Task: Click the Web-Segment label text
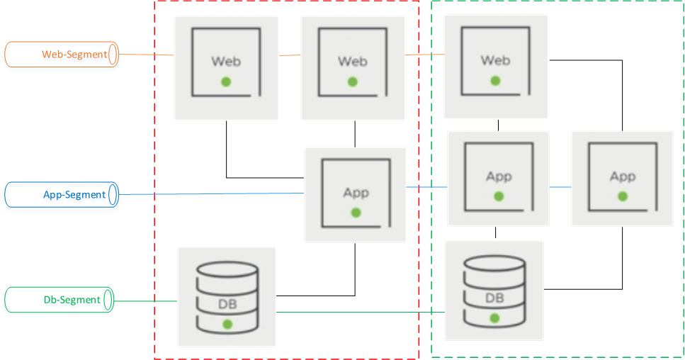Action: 74,54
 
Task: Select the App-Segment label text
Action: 74,194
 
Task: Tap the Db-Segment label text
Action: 72,300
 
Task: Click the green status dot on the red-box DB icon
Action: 227,324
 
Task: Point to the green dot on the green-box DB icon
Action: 494,319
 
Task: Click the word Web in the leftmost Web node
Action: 226,61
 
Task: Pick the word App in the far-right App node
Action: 623,176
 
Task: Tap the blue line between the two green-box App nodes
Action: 560,187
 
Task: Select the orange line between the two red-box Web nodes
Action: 289,55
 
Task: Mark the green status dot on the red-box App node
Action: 356,212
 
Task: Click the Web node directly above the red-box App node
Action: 353,68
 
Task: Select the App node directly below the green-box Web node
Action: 499,177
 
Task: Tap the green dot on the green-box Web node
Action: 496,80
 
